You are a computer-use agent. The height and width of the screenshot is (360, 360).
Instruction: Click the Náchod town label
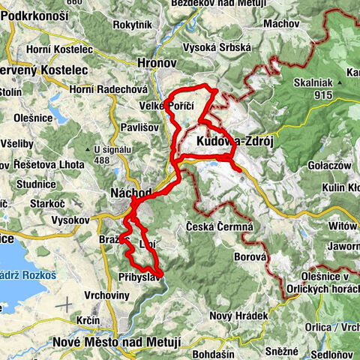tap(130, 192)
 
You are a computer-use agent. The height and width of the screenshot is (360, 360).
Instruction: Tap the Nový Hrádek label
tap(238, 316)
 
